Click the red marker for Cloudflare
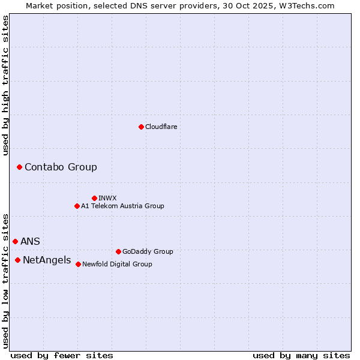coord(141,127)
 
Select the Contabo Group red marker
coord(19,167)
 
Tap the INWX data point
coord(94,198)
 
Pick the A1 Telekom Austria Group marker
coord(77,206)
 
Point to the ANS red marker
coord(15,241)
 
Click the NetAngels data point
coord(17,260)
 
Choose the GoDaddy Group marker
coord(118,251)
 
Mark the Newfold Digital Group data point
coord(78,264)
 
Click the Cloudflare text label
coord(161,127)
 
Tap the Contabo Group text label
coord(61,167)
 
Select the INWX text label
coord(107,198)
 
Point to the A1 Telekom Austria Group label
coord(122,206)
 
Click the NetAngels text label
coord(47,260)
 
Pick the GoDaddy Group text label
coord(148,251)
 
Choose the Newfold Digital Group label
coord(117,264)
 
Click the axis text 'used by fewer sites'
coord(62,355)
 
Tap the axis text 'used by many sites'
coord(301,355)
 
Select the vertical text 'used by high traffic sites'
coord(6,85)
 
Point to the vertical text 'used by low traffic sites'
coord(6,280)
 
